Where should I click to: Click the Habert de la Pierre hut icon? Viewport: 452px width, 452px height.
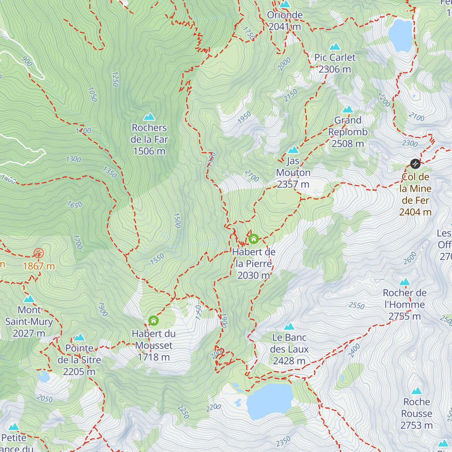coord(253,239)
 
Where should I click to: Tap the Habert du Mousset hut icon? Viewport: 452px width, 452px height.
coord(153,321)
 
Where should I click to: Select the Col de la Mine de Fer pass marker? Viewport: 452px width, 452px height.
coord(415,163)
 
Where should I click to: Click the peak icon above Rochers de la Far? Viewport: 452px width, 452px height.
coord(149,116)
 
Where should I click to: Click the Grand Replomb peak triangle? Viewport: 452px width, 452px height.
coord(347,110)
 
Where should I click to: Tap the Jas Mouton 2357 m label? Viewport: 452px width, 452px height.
coord(293,173)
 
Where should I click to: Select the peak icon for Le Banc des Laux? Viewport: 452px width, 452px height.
coord(289,326)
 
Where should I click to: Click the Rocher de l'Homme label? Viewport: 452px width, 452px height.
coord(404,304)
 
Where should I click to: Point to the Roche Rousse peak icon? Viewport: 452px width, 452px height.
coord(416,391)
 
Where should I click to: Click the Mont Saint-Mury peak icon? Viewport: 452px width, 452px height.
coord(29,299)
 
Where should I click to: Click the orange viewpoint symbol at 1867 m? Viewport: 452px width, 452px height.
coord(38,253)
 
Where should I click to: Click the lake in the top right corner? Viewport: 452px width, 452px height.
coord(401,35)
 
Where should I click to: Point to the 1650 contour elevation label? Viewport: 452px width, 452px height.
coord(75,205)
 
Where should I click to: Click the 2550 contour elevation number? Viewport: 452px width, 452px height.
coord(356,305)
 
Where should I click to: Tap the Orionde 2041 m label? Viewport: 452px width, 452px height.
coord(285,21)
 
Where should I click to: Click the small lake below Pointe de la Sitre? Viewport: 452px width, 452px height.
coord(44,376)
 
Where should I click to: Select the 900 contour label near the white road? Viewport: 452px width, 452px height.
coord(27,61)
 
